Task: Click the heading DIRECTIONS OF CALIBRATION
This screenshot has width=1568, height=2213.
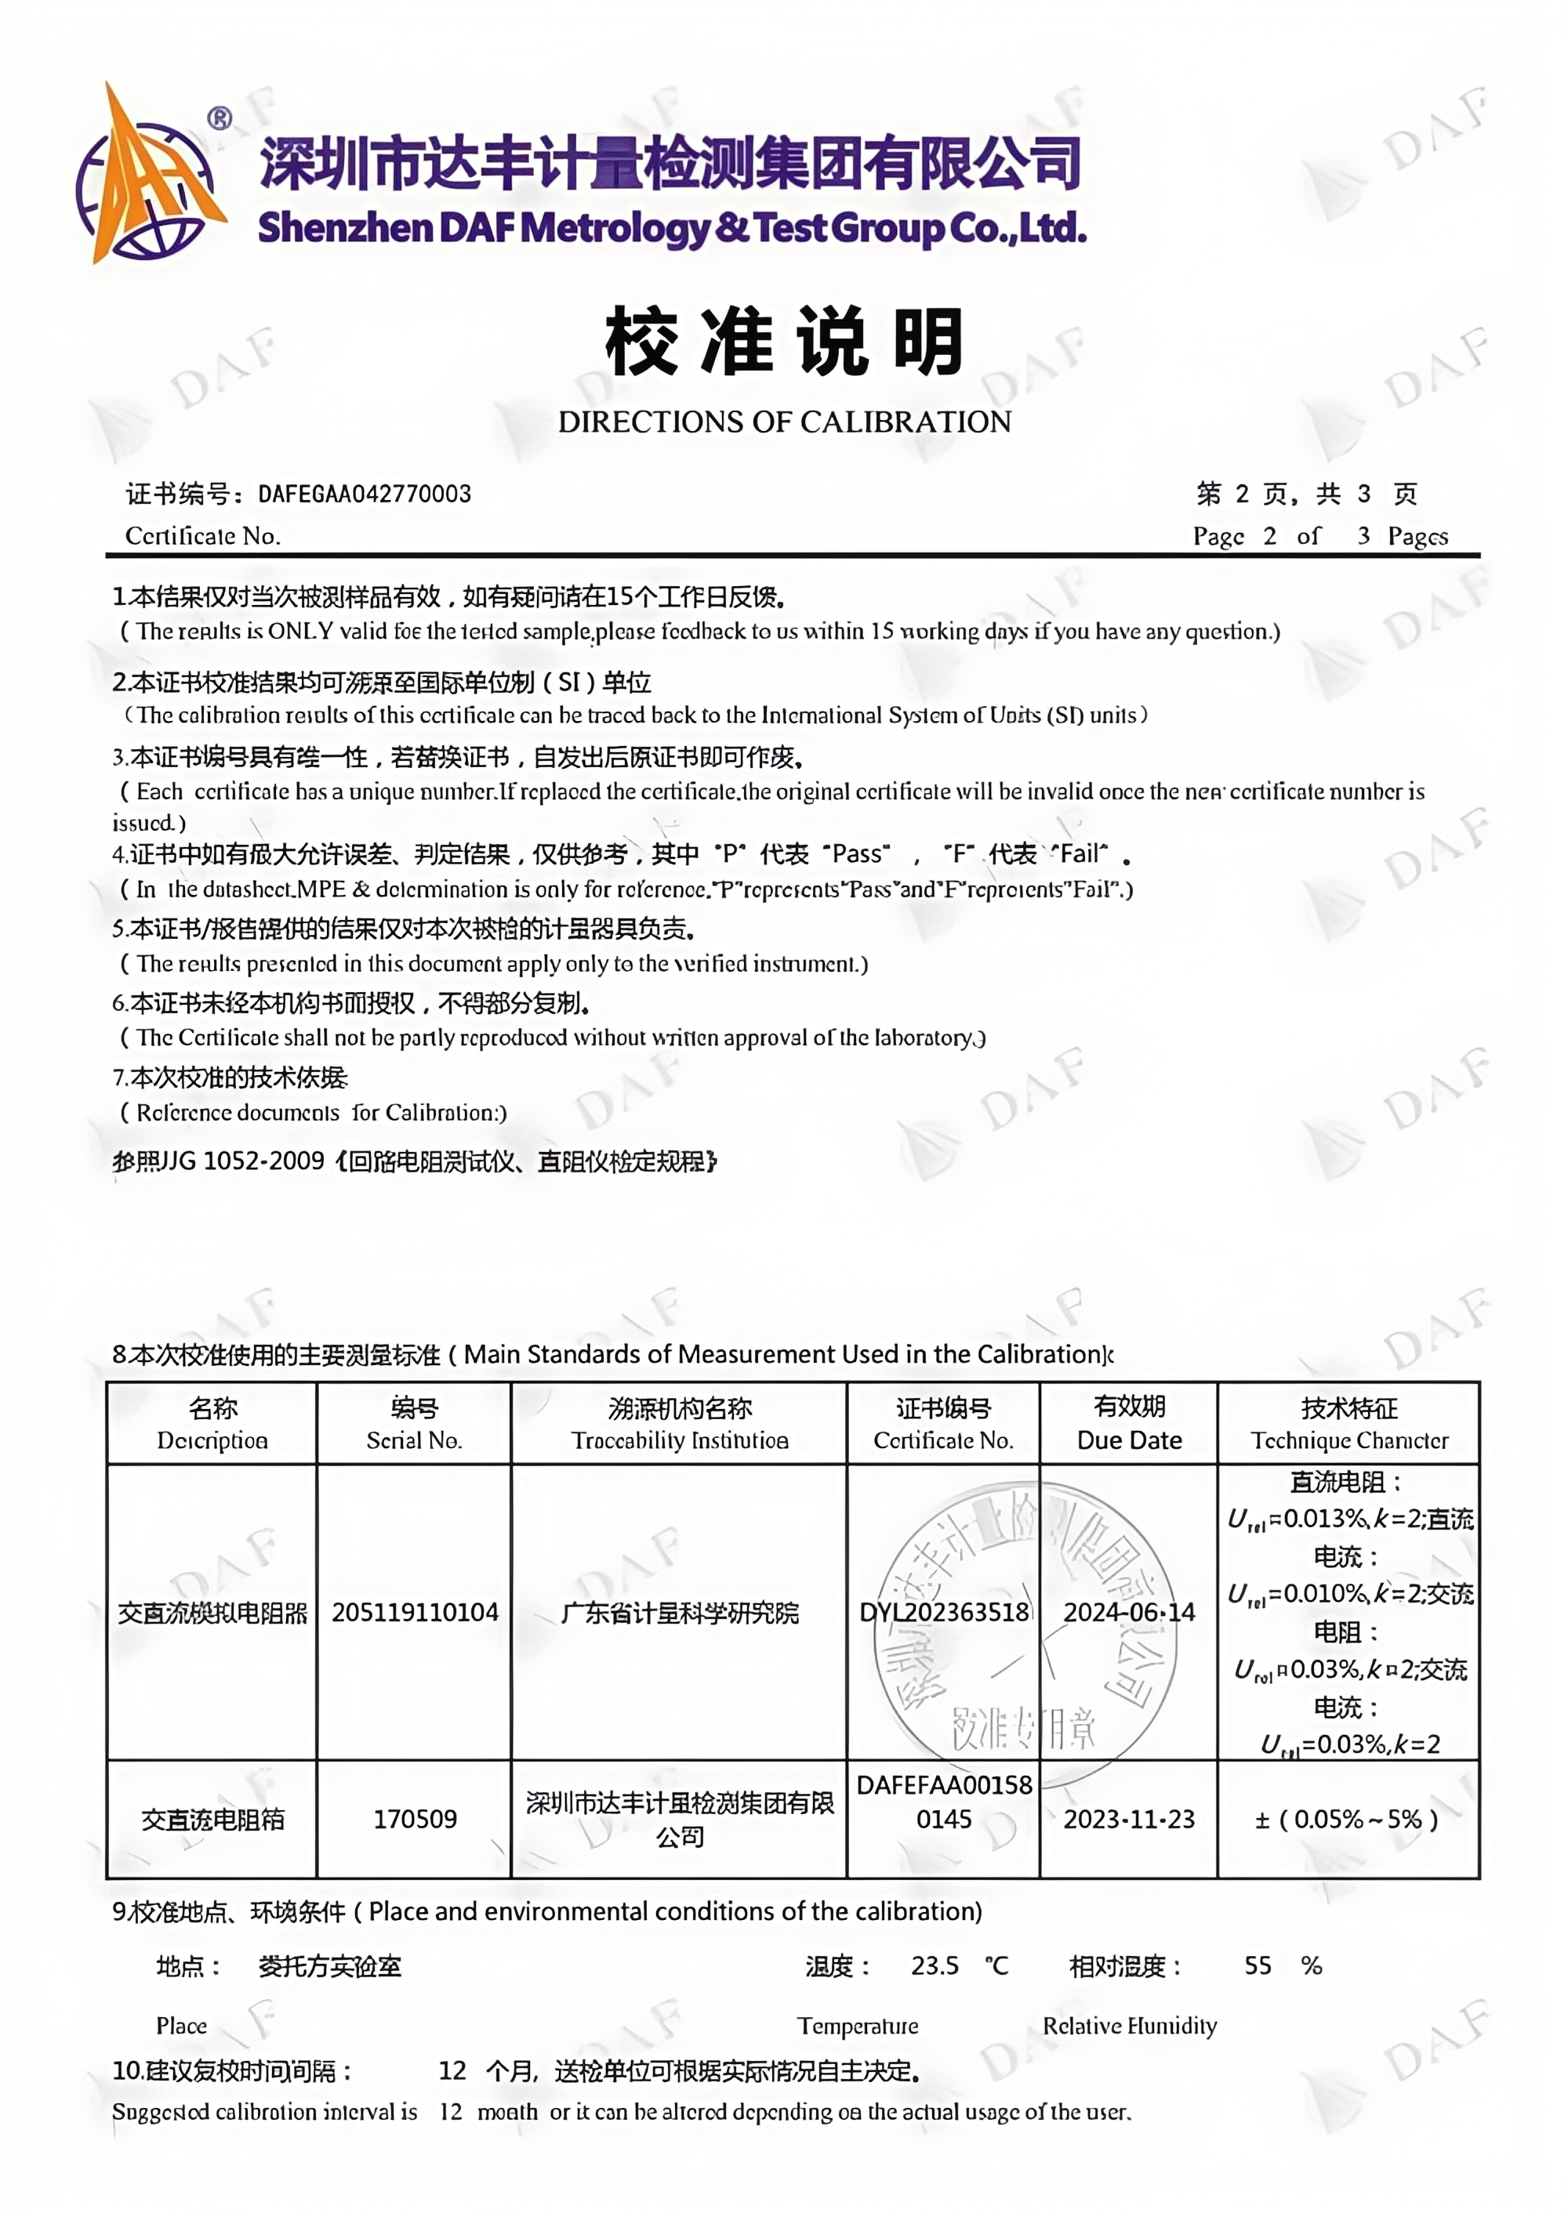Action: [784, 422]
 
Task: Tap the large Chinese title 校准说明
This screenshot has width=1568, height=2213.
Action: [784, 342]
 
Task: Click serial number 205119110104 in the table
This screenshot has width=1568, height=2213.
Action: [416, 1612]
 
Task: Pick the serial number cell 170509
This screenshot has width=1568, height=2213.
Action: [416, 1820]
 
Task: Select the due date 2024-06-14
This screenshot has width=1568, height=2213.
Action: [1129, 1612]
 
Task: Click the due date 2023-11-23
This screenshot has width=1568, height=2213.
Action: [1129, 1820]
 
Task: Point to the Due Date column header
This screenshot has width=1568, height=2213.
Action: [1129, 1424]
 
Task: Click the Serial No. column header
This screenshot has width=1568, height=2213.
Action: [414, 1424]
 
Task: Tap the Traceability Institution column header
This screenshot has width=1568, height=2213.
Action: [680, 1424]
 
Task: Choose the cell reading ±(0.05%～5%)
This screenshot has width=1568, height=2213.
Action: [1347, 1820]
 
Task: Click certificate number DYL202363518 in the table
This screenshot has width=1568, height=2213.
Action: [943, 1612]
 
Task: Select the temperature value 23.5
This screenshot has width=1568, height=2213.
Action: [935, 1966]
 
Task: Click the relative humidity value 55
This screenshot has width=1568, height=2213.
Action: [1257, 1966]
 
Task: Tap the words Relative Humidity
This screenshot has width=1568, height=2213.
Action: [1130, 2026]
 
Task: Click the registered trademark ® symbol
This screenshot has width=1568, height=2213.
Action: [220, 118]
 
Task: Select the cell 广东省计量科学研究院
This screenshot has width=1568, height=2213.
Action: [680, 1613]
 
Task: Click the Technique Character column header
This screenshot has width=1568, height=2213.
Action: [1348, 1424]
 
